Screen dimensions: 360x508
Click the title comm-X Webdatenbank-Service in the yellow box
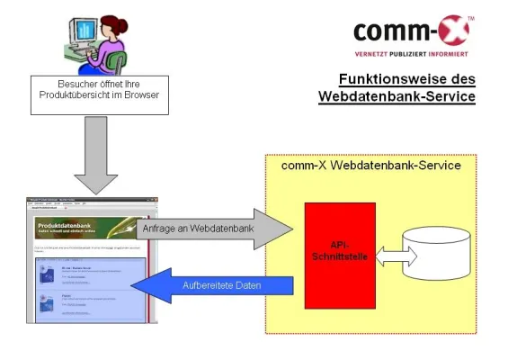[x=370, y=166]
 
